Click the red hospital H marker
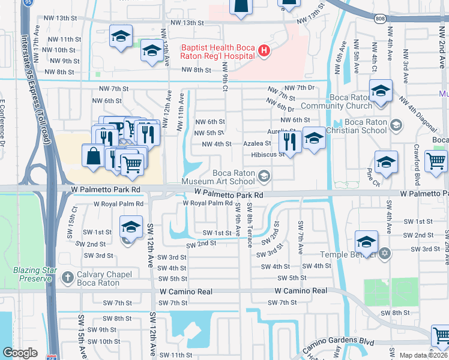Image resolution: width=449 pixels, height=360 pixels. [x=264, y=52]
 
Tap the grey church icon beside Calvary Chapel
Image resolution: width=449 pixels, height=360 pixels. [x=67, y=278]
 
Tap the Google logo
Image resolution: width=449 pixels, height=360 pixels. [x=20, y=353]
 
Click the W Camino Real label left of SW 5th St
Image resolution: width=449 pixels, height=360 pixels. [x=186, y=291]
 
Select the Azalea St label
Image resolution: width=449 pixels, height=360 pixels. [x=257, y=144]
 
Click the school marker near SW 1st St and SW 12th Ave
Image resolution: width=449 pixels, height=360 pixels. [x=130, y=227]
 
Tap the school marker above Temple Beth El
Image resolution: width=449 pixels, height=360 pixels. [x=366, y=242]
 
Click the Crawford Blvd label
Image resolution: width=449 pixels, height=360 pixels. [x=416, y=160]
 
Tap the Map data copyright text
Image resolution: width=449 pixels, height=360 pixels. [x=424, y=355]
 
